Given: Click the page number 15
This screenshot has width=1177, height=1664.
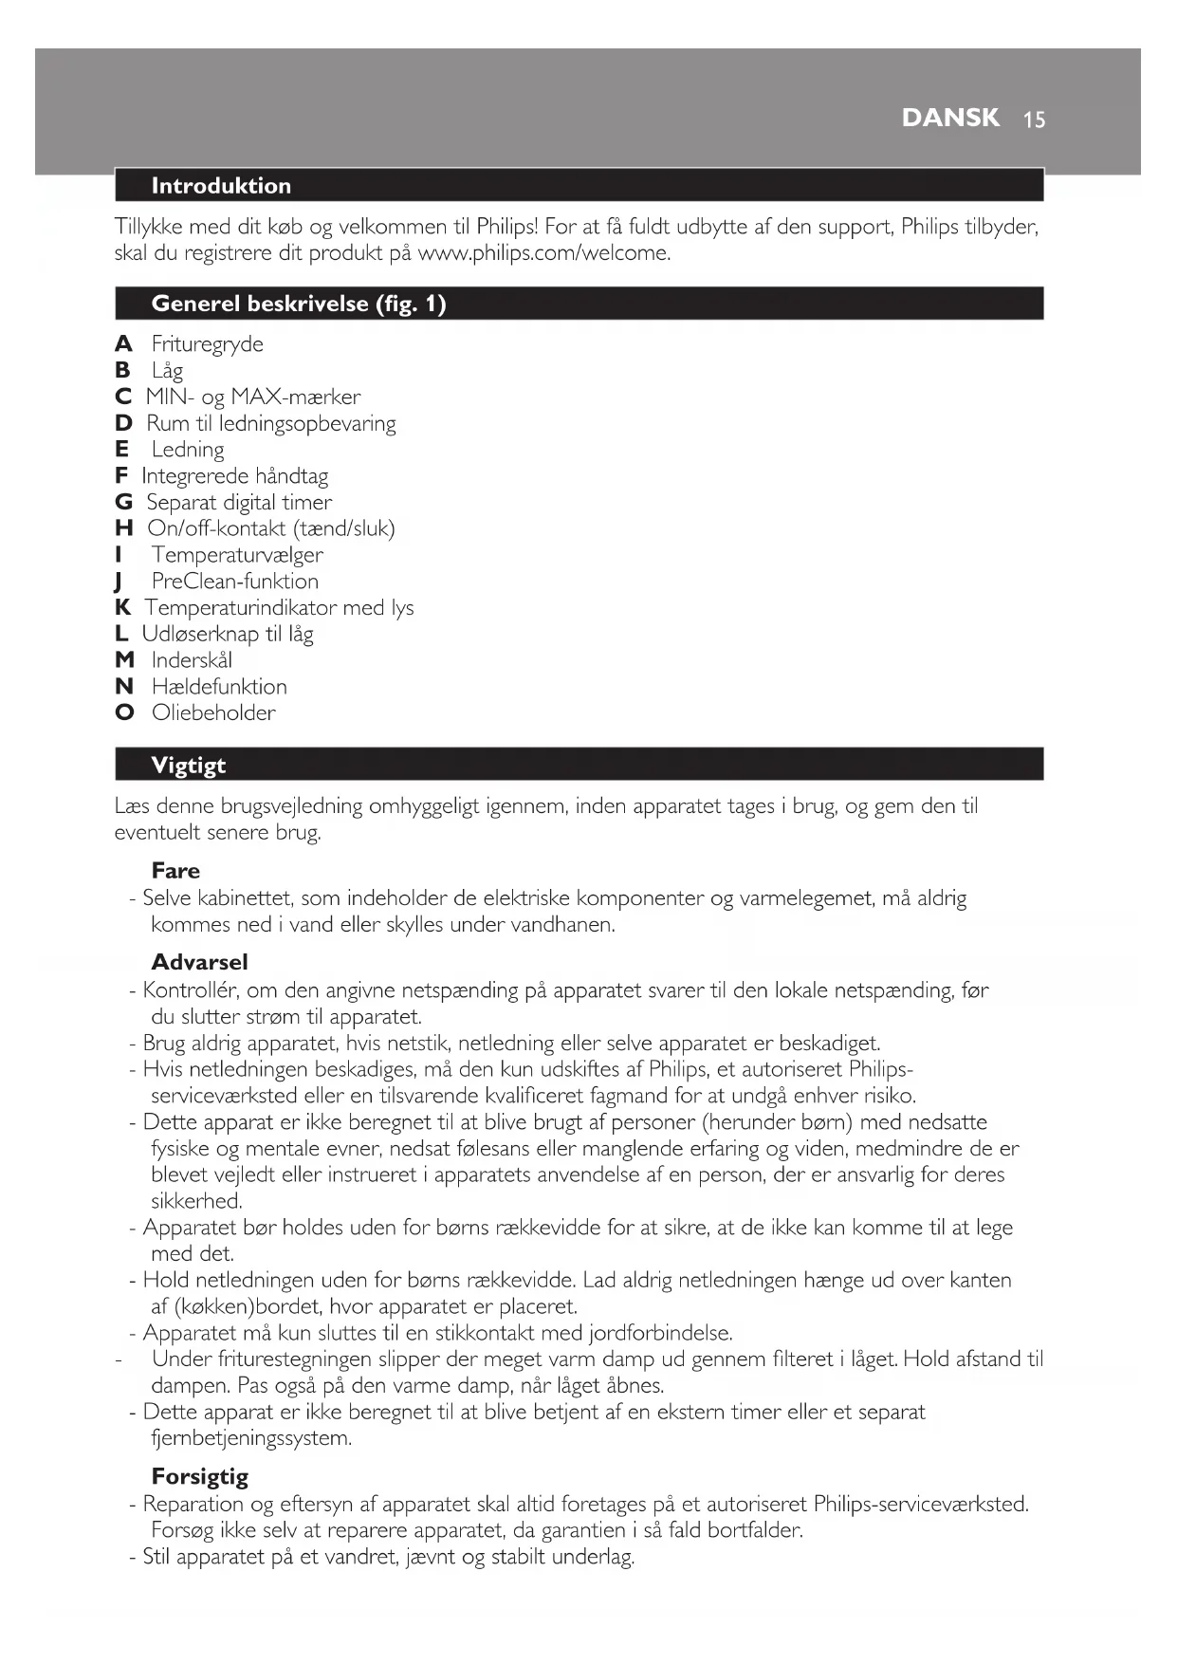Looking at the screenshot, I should [x=1034, y=120].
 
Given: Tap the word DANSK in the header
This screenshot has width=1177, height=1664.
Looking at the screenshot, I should [x=950, y=118].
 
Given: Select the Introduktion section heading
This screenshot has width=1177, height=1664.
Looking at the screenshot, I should [x=221, y=186].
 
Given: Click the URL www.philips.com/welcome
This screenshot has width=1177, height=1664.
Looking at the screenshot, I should [x=543, y=253].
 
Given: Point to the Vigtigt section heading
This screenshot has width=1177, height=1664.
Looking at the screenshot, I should [x=189, y=766].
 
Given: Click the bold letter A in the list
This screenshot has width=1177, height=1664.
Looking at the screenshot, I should [x=123, y=343].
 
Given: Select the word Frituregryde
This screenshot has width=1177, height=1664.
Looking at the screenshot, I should [x=207, y=343].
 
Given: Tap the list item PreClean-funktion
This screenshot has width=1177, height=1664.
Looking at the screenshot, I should [x=234, y=581].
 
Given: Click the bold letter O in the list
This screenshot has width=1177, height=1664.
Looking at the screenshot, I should [x=124, y=712].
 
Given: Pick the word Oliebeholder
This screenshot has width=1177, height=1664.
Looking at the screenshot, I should [x=213, y=712].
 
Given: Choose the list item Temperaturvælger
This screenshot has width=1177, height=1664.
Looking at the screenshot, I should [x=237, y=555].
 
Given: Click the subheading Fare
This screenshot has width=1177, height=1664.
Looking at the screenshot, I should [x=175, y=871].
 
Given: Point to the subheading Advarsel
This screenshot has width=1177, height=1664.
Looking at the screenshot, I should [x=199, y=962].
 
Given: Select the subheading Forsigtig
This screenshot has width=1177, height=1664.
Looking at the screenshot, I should [x=199, y=1477].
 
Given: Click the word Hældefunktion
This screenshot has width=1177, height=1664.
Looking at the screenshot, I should [x=219, y=686].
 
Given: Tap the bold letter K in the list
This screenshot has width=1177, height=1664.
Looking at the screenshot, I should [x=122, y=607].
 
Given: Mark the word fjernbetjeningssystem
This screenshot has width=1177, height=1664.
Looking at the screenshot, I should [x=250, y=1438].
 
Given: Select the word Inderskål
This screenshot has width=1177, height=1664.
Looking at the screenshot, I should [x=192, y=660].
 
